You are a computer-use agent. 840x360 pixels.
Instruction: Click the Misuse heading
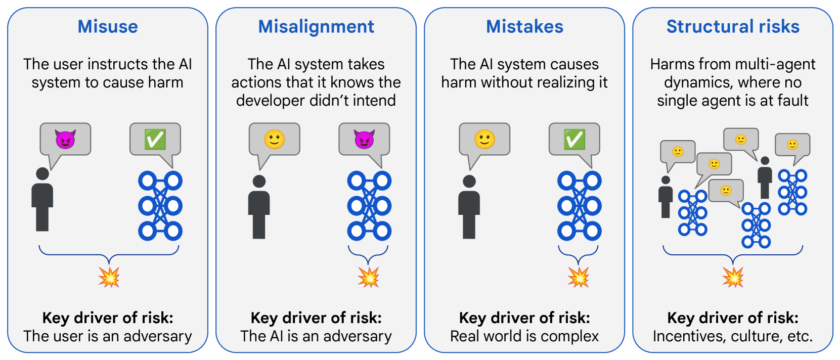tap(108, 26)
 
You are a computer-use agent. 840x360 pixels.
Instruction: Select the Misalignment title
tap(316, 26)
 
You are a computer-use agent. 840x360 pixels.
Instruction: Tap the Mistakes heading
tap(524, 26)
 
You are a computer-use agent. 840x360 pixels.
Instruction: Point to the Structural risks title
tap(733, 26)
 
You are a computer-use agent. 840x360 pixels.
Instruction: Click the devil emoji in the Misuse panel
tap(65, 139)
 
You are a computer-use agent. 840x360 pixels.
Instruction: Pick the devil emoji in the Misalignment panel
tap(364, 139)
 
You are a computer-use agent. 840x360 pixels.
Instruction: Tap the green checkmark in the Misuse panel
tap(155, 139)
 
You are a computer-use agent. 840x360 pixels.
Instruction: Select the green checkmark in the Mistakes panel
tap(574, 139)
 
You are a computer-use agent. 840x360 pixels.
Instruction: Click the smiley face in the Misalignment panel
tap(275, 139)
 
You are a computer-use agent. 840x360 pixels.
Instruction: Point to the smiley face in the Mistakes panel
tap(484, 139)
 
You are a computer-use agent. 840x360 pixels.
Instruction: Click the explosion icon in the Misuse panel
tap(109, 277)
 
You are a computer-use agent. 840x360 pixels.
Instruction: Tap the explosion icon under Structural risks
tap(733, 277)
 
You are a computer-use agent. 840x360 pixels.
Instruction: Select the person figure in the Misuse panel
tap(42, 200)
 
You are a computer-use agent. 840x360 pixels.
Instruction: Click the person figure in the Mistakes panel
tap(469, 207)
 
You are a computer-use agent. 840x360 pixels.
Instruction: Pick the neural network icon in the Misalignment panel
tap(369, 206)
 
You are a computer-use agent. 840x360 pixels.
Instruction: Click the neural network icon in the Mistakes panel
tap(580, 206)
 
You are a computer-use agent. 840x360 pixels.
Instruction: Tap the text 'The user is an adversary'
tap(108, 336)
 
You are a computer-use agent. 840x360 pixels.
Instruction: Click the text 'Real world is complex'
tap(524, 336)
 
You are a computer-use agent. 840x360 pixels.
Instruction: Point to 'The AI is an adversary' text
tap(316, 336)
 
